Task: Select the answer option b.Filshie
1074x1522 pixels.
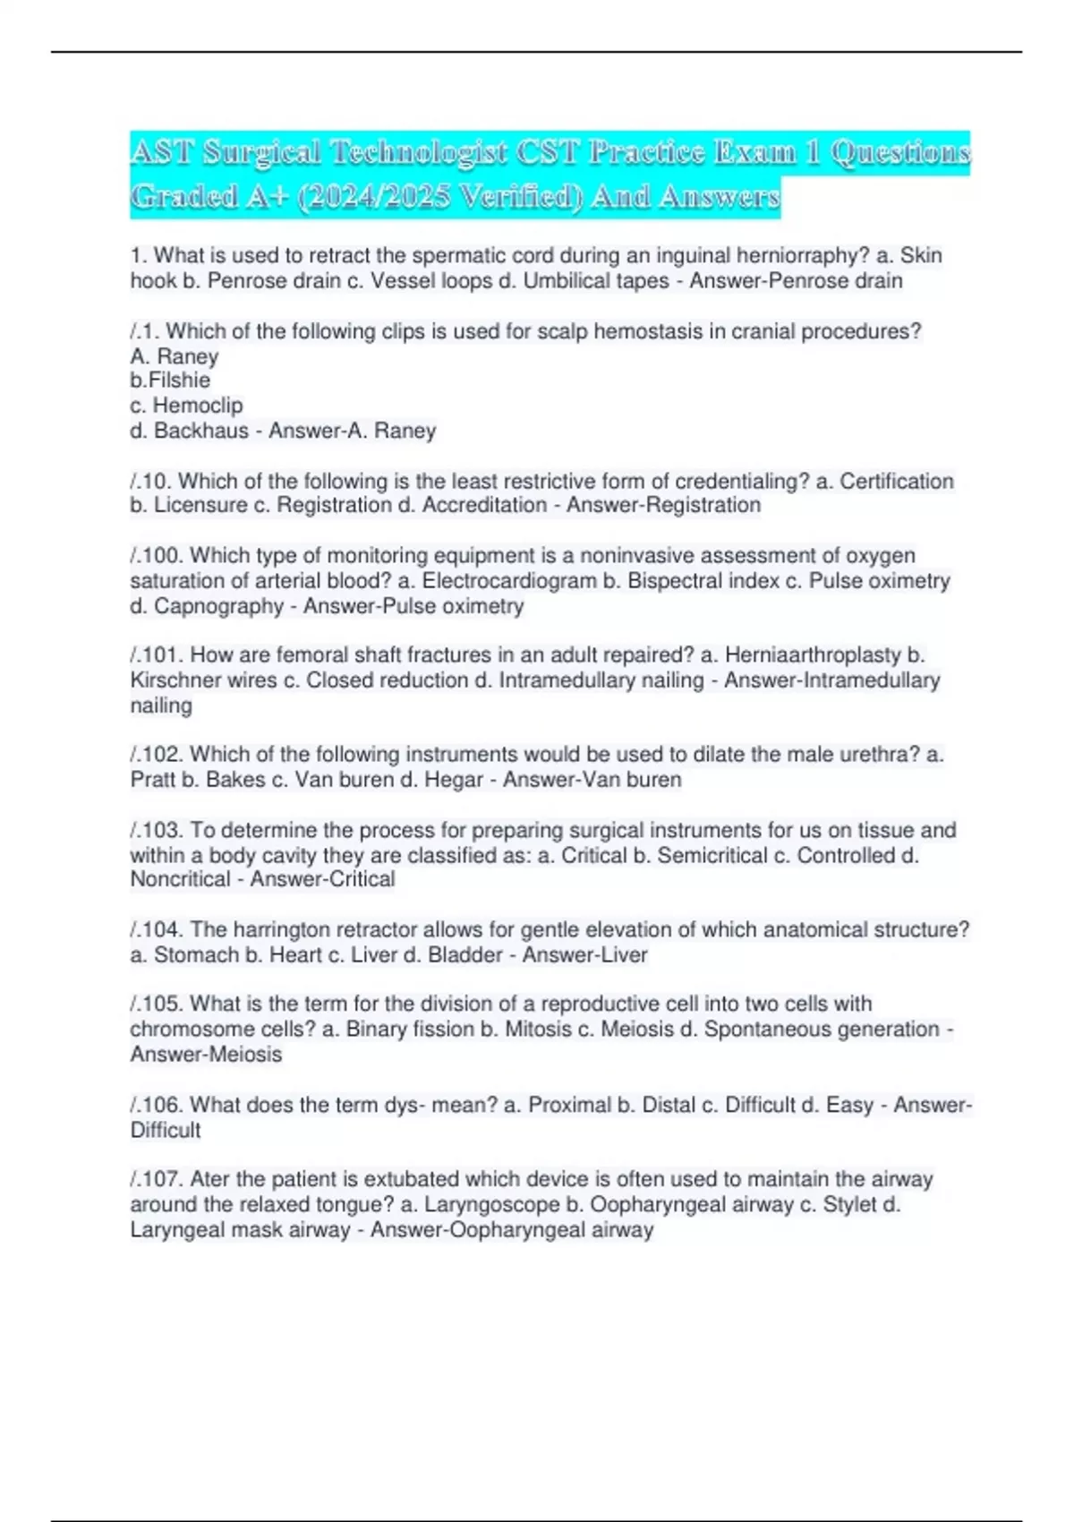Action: tap(170, 380)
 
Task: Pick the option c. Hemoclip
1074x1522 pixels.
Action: tap(186, 406)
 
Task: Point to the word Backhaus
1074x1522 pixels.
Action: tap(201, 431)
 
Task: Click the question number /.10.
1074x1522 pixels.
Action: tap(151, 482)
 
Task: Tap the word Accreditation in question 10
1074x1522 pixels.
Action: tap(484, 506)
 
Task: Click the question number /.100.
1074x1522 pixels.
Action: tap(157, 556)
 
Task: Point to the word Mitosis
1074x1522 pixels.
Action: tap(538, 1030)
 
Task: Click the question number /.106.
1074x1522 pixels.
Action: tap(157, 1106)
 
